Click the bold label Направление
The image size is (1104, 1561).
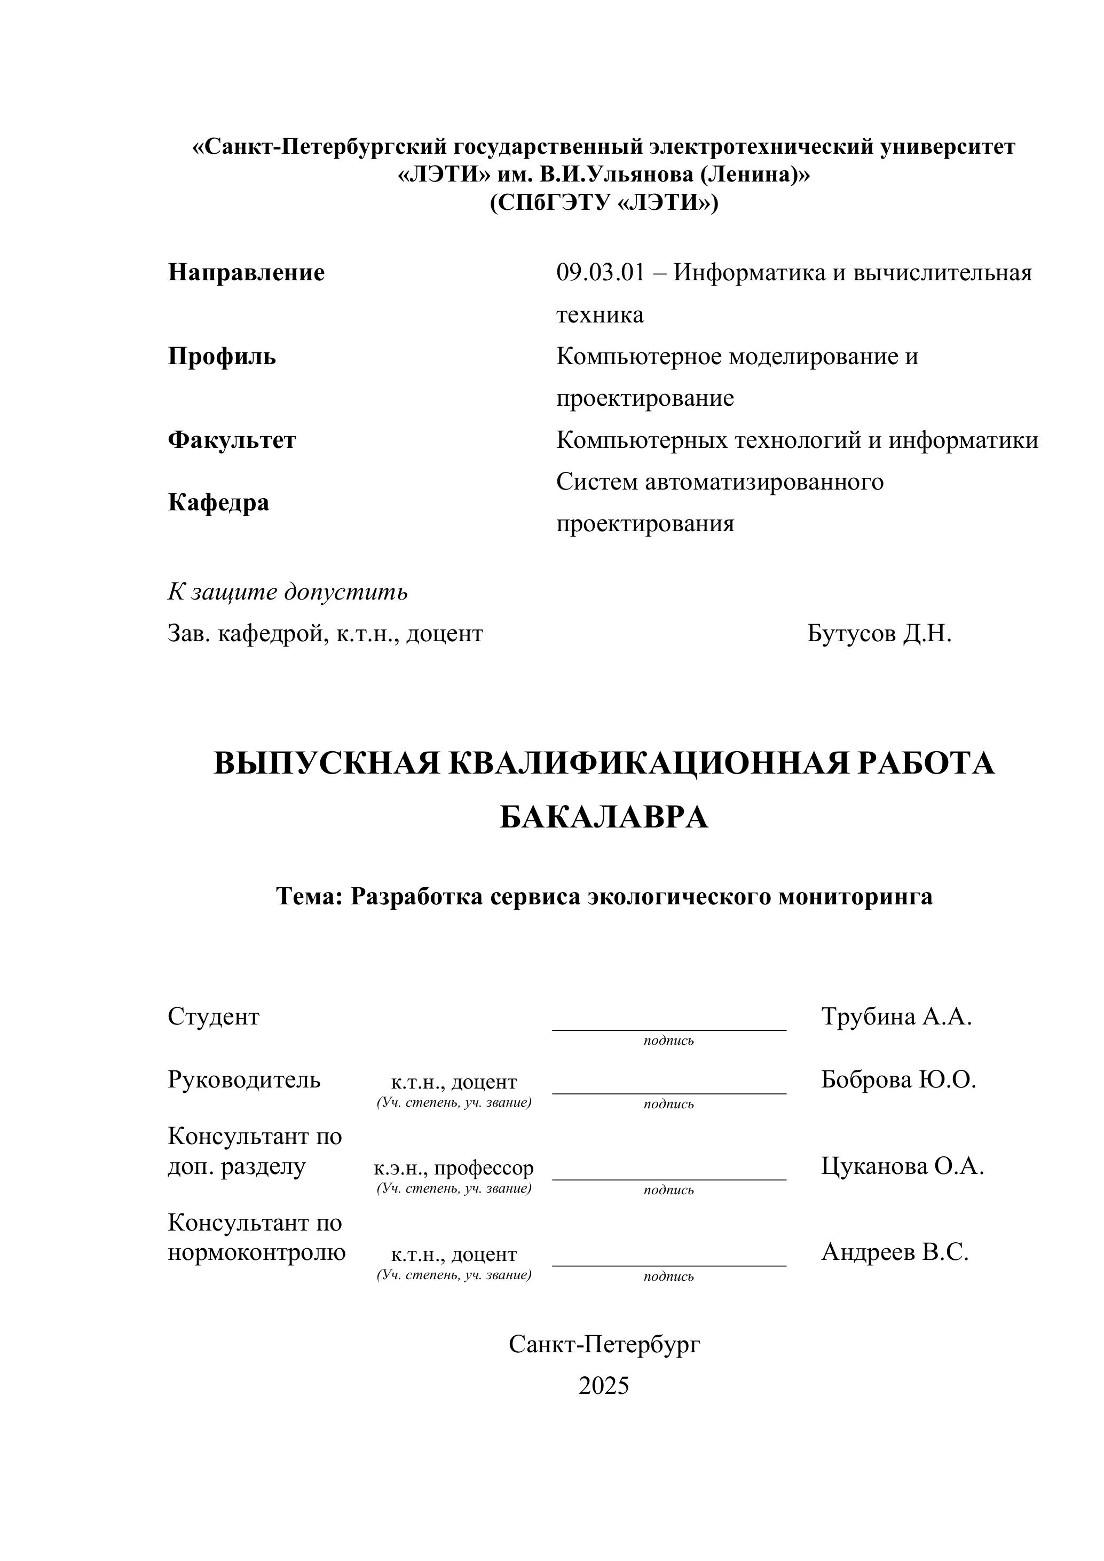246,273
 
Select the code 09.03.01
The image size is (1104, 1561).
600,273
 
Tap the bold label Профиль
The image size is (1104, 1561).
222,356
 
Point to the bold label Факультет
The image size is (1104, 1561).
232,440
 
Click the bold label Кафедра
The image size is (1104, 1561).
218,502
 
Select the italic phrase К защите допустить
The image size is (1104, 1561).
288,592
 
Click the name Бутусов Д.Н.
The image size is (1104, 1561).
879,634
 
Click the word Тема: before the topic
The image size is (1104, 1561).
309,896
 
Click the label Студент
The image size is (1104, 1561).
214,1016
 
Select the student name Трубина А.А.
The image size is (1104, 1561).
896,1016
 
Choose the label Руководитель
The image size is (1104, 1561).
244,1079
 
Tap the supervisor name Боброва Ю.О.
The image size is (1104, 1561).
898,1079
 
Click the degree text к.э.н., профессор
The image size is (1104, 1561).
453,1168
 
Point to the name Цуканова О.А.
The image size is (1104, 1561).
902,1166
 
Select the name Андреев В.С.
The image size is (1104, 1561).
895,1252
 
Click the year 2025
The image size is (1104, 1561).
604,1385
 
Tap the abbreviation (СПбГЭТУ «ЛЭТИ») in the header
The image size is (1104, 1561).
604,203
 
